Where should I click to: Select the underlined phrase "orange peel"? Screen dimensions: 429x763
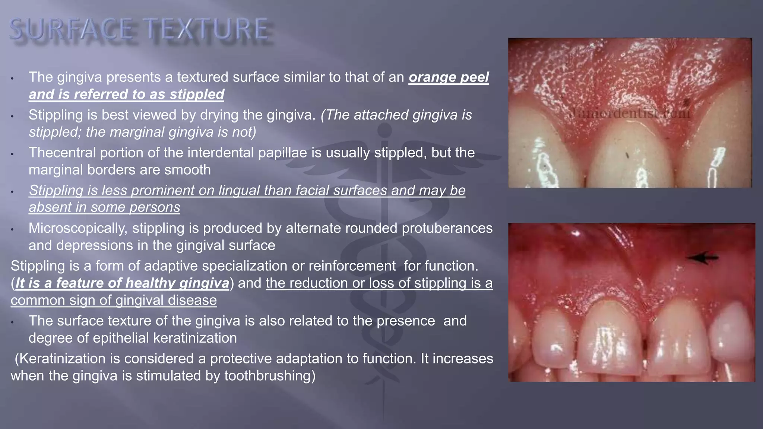(x=449, y=77)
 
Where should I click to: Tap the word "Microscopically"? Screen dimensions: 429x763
(x=78, y=228)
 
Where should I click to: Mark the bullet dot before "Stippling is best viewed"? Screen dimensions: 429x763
(x=12, y=116)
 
